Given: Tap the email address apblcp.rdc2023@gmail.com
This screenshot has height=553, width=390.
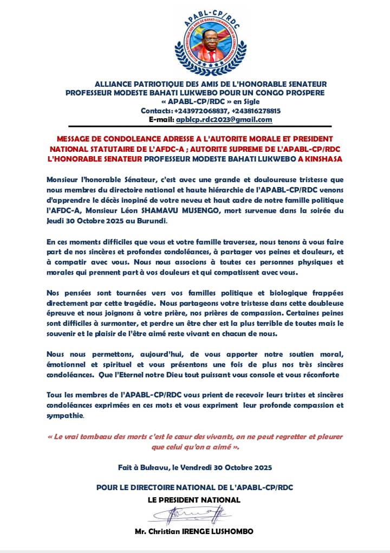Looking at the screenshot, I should pyautogui.click(x=224, y=120).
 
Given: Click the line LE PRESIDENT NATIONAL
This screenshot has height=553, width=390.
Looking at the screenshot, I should pyautogui.click(x=194, y=499).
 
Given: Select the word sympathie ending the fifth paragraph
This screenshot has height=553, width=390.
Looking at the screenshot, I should pyautogui.click(x=66, y=416).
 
